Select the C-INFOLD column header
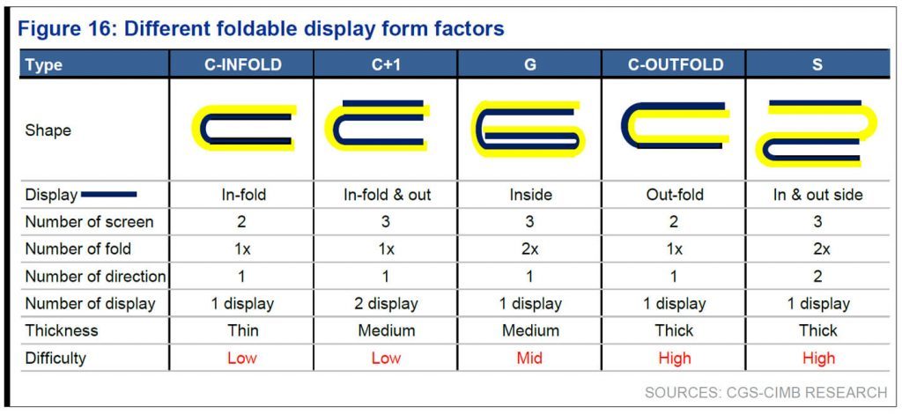point(243,64)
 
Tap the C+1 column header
point(386,64)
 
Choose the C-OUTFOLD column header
point(674,64)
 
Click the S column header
point(817,64)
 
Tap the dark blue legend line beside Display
point(108,195)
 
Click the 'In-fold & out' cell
point(387,195)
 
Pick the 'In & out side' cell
point(817,195)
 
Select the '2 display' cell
point(386,303)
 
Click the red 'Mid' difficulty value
point(529,358)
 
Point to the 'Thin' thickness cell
point(243,330)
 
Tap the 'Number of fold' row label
point(78,248)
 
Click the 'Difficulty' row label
point(55,358)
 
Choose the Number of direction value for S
point(817,277)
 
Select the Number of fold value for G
point(529,248)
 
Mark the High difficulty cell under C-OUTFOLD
point(674,358)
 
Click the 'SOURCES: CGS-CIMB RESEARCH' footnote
point(766,393)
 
